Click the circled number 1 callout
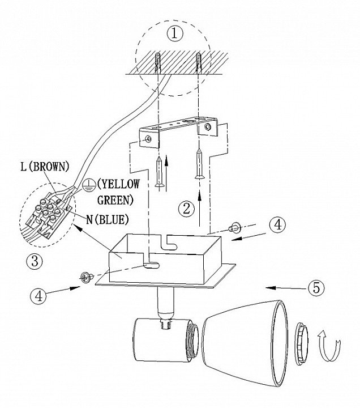click(175, 33)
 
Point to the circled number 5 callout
click(317, 287)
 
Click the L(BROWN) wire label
click(43, 167)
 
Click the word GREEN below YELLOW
click(115, 199)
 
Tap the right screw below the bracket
click(199, 164)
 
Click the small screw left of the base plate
click(85, 277)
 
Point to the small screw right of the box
click(233, 228)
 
